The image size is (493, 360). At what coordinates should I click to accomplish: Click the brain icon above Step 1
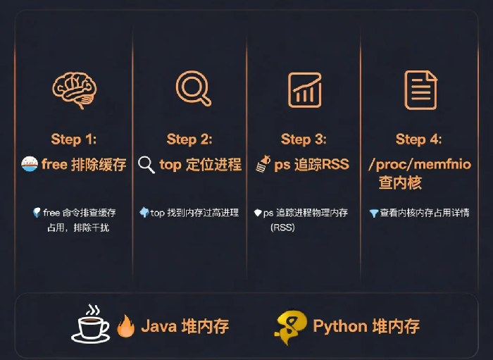75,90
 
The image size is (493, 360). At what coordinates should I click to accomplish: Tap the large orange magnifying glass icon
193,88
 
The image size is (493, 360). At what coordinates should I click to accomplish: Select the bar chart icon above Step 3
305,90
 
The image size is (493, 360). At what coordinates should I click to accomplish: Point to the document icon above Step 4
420,90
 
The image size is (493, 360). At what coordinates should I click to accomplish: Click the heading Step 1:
73,139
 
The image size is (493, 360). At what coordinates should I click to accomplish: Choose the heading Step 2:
189,139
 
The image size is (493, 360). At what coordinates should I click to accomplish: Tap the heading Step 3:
304,139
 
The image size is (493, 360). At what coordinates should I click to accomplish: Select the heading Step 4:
418,139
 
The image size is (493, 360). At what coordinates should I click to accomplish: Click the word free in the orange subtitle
54,164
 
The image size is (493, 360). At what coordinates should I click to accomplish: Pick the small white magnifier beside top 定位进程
146,165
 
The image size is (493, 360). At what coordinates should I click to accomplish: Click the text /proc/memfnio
420,164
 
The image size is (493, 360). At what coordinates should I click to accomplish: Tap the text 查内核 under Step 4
400,182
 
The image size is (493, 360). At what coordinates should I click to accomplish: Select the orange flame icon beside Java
126,325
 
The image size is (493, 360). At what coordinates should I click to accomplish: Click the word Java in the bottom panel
158,326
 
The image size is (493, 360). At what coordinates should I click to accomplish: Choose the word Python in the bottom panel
340,327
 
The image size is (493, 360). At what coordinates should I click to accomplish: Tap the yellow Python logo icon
290,328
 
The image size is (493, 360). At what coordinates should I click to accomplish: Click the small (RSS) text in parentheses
282,228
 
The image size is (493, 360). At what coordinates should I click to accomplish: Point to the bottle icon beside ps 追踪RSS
263,164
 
